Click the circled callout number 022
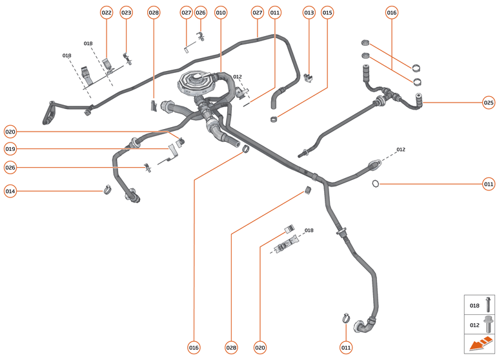tap(107, 13)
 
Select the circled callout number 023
tap(126, 13)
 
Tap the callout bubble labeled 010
tap(221, 13)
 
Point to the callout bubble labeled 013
tap(309, 13)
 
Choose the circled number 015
tap(327, 13)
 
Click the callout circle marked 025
tap(489, 102)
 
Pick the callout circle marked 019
tap(10, 149)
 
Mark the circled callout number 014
tap(10, 191)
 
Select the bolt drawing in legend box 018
tap(488, 306)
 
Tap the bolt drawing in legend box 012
tap(488, 325)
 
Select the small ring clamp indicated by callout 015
tap(274, 119)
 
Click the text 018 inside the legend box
tap(474, 306)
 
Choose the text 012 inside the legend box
tap(474, 325)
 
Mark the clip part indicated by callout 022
tap(108, 63)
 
